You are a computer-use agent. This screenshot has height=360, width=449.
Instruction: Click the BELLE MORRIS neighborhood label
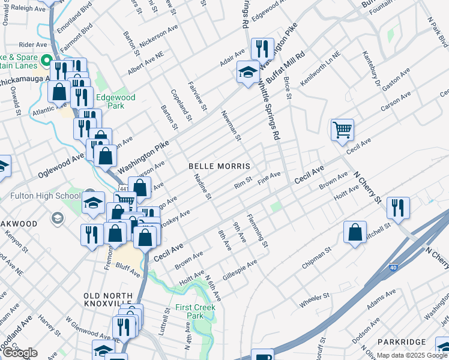click(x=218, y=165)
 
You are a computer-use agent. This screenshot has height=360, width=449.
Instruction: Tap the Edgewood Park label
click(x=116, y=102)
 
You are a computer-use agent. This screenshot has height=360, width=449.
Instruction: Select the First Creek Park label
click(x=196, y=311)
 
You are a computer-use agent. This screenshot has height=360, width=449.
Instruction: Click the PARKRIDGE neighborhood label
click(x=402, y=341)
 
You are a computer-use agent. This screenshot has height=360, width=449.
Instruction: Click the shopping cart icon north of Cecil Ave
click(x=342, y=129)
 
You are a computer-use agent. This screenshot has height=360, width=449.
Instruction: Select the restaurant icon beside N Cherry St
click(x=398, y=208)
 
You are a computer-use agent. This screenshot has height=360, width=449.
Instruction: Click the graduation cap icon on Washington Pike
click(x=247, y=73)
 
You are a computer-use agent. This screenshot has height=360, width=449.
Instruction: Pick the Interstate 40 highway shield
click(x=393, y=267)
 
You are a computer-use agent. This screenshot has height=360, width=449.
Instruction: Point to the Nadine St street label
click(x=202, y=187)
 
